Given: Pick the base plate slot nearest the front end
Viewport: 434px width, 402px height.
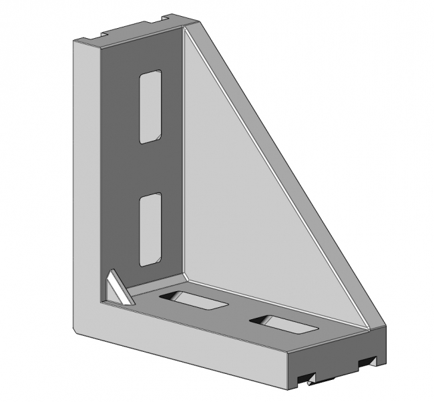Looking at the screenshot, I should tap(283, 325).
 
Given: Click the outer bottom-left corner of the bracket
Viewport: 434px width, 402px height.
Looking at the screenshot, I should tap(74, 332).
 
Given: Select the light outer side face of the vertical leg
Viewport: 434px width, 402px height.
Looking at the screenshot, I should tap(85, 187).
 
